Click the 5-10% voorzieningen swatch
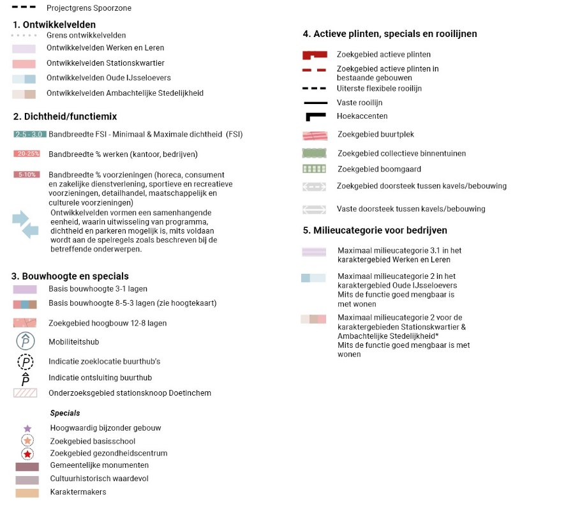(26, 174)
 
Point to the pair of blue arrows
(26, 225)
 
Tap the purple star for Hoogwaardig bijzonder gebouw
(27, 428)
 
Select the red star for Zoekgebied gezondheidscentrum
(27, 454)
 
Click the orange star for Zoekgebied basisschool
(27, 441)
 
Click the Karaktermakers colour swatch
(27, 492)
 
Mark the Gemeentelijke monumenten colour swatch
(27, 467)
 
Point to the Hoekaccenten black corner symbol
(315, 117)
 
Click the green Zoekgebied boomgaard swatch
(314, 169)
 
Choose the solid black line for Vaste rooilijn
(315, 103)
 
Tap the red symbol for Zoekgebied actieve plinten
(314, 55)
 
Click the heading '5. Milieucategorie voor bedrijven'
(375, 230)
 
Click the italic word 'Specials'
(65, 414)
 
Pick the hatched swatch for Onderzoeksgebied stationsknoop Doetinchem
(26, 393)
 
